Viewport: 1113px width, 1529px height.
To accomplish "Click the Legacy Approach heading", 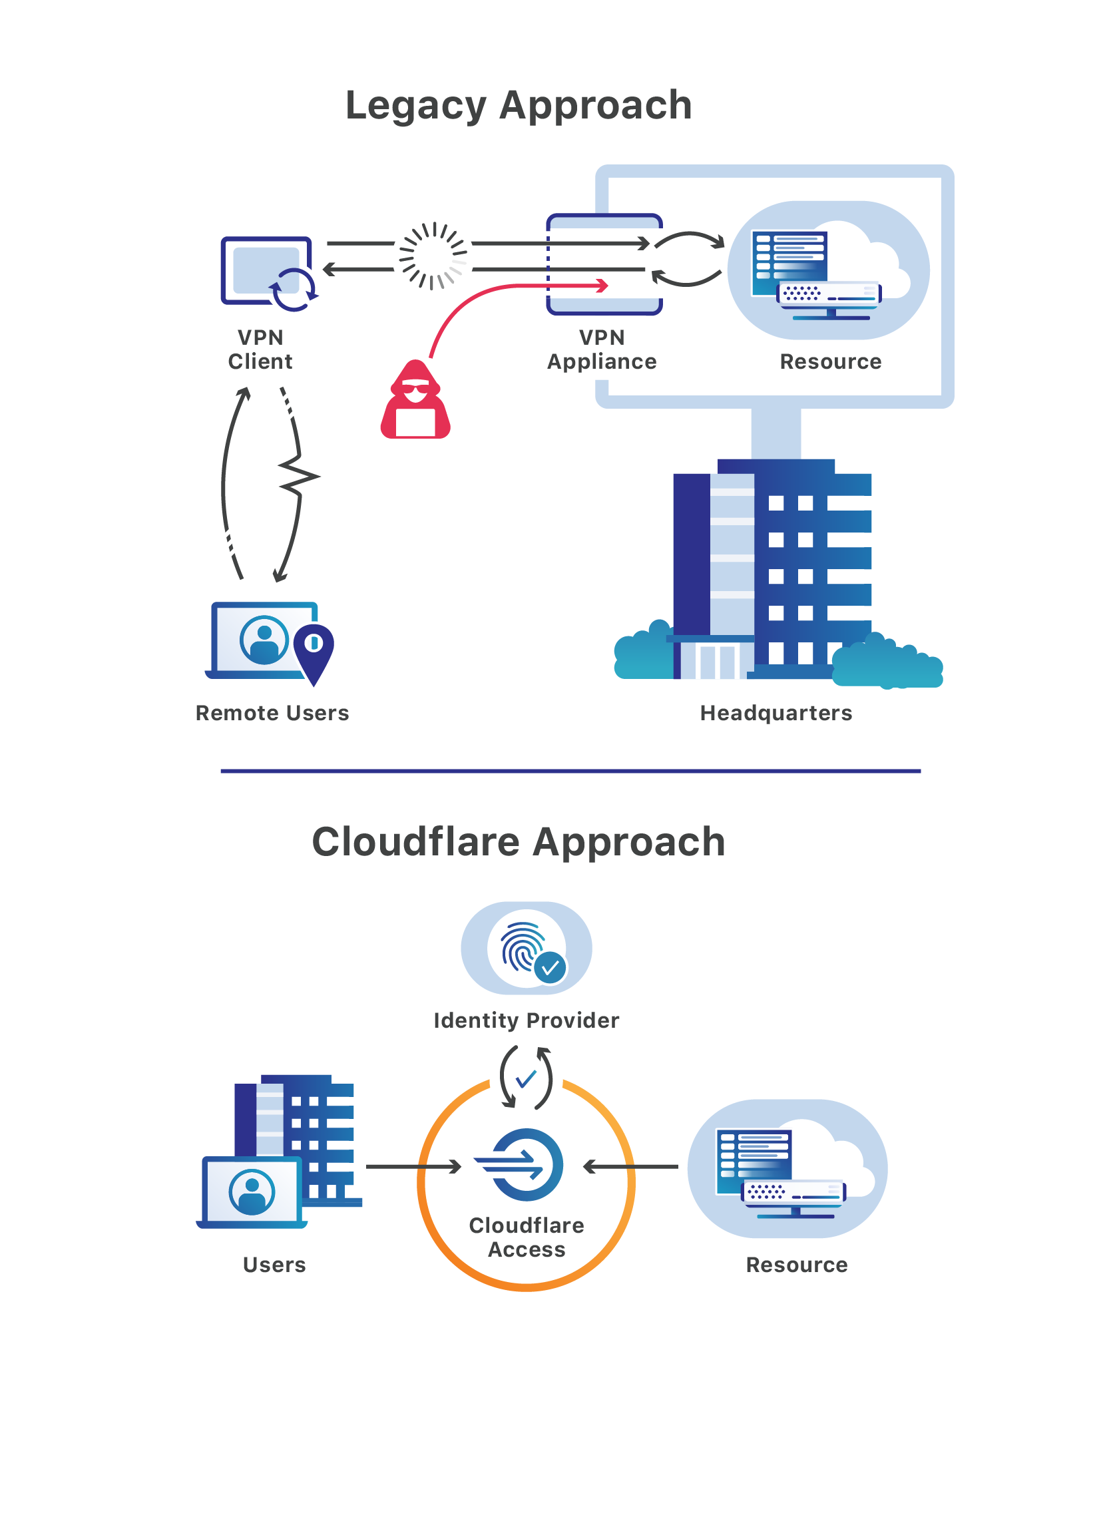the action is [x=519, y=106].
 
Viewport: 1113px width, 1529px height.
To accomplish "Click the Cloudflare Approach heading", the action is [x=519, y=842].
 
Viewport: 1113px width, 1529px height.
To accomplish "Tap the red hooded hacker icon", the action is [x=415, y=400].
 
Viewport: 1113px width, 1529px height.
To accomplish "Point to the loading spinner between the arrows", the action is [x=433, y=256].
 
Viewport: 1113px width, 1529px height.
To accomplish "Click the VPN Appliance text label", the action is [x=602, y=349].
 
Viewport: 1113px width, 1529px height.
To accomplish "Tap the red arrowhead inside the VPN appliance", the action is [x=601, y=286].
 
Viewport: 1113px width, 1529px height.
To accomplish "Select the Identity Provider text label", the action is [x=527, y=1020].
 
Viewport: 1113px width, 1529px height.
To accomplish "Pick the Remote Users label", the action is [x=272, y=714].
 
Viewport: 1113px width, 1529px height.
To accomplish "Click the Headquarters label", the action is [x=776, y=714].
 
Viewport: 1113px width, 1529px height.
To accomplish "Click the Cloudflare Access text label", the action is [x=527, y=1237].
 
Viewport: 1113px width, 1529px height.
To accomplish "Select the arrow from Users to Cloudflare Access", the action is [x=414, y=1166].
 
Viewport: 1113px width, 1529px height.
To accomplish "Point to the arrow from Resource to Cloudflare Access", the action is [x=630, y=1166].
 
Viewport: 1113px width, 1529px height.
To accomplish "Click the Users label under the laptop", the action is [x=274, y=1265].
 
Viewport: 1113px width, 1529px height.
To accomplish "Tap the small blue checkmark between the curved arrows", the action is [x=526, y=1079].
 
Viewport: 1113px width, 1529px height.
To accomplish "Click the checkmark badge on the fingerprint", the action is [x=551, y=968].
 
